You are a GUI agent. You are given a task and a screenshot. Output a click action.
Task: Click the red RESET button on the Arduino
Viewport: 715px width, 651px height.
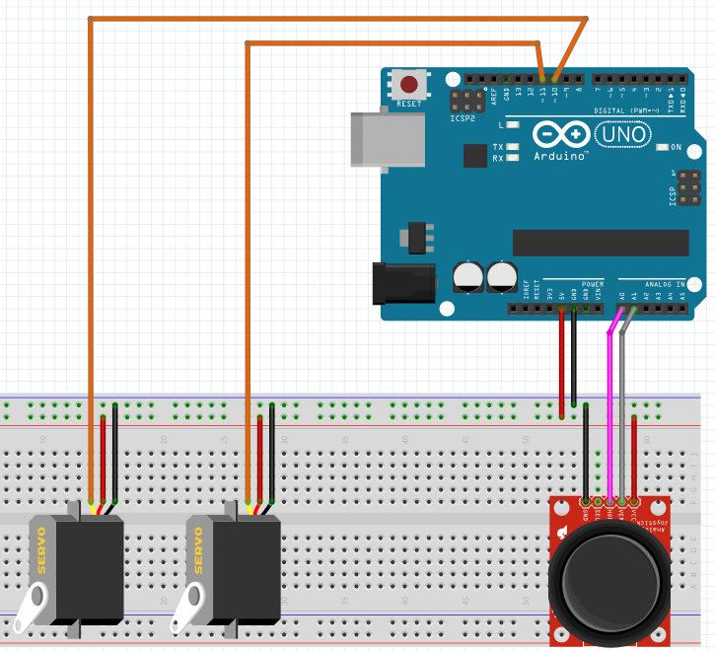[x=407, y=83]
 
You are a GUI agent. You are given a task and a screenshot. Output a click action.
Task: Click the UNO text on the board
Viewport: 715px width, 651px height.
[x=623, y=133]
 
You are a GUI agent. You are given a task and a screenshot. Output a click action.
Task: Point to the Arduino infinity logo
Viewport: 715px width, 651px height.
[x=561, y=133]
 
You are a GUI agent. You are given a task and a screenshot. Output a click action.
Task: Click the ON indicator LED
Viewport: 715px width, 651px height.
[x=662, y=147]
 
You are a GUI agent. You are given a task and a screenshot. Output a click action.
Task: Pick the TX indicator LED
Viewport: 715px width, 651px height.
[x=512, y=146]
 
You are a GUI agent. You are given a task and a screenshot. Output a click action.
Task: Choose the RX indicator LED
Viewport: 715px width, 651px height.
[x=512, y=158]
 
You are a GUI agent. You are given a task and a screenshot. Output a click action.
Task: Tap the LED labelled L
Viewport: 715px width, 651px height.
[x=512, y=125]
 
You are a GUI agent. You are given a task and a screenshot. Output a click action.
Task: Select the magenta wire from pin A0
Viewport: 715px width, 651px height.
[x=610, y=414]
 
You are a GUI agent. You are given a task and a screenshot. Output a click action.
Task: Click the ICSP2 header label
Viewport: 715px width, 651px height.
[x=462, y=118]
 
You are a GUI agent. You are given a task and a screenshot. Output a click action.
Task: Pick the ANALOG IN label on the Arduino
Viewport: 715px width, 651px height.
[x=666, y=284]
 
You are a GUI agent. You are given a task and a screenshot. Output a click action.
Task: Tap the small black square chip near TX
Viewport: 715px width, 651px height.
[x=475, y=155]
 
